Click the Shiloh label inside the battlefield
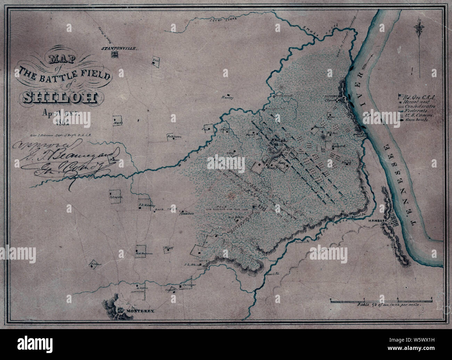pyautogui.click(x=279, y=140)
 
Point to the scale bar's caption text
pyautogui.click(x=389, y=304)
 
